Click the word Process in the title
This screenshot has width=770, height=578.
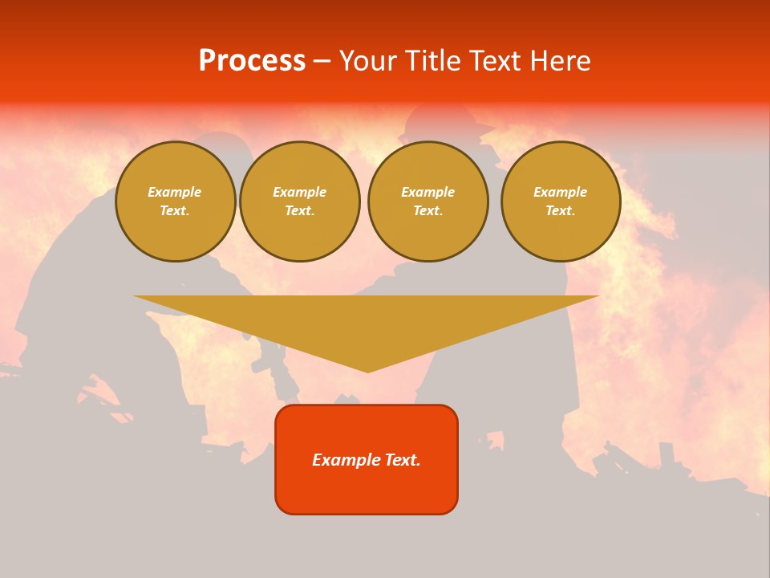(252, 61)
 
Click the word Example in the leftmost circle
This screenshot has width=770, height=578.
(175, 192)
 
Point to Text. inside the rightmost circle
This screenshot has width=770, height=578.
(560, 211)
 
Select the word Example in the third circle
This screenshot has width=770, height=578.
(428, 192)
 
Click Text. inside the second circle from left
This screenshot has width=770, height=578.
(299, 211)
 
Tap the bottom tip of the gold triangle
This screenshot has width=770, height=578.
(367, 370)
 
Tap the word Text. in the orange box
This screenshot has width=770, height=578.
(403, 460)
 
